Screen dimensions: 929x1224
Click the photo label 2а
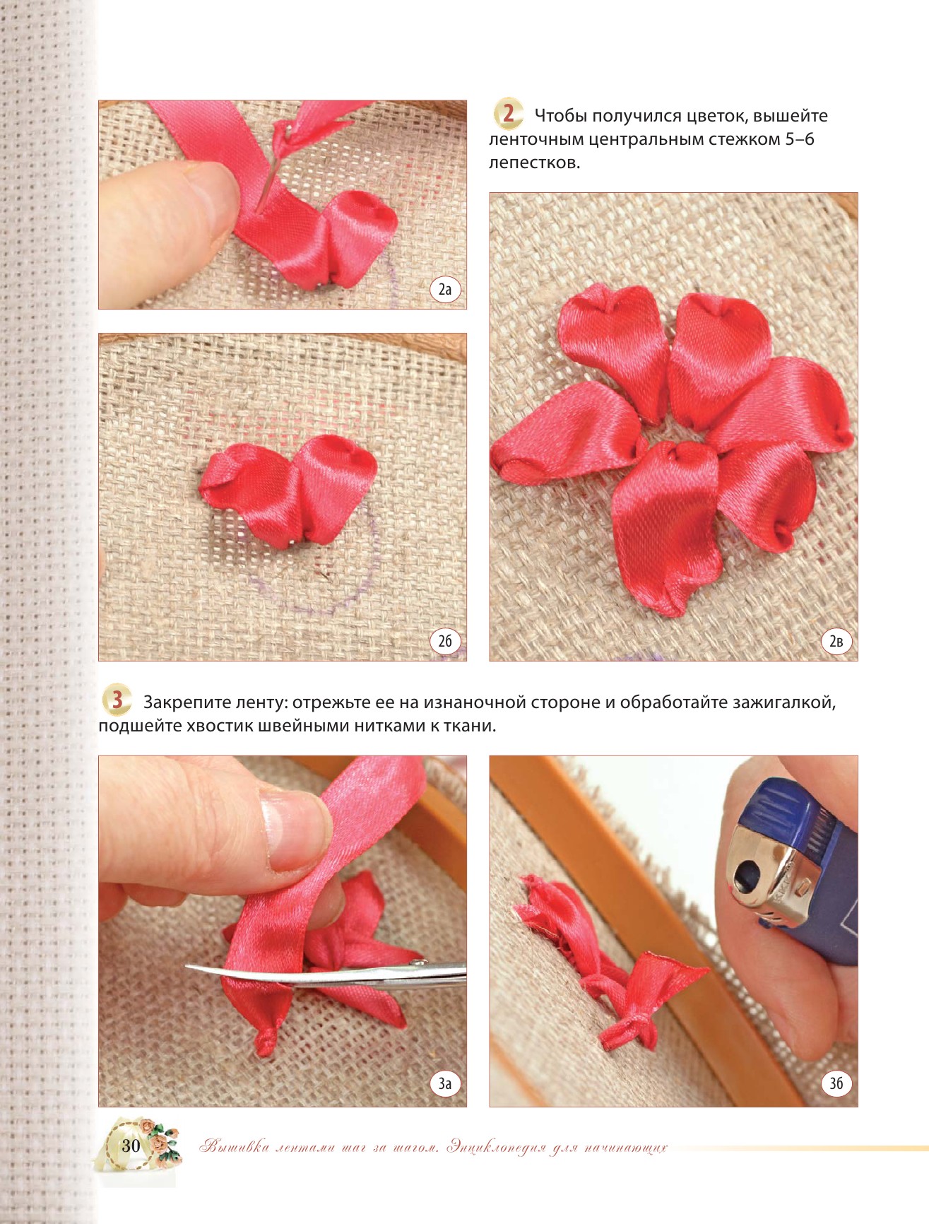pos(445,289)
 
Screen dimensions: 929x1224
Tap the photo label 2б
pos(445,641)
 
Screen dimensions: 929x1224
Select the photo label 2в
pos(836,641)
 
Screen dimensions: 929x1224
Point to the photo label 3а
pos(445,1083)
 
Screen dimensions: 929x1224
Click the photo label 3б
pos(836,1083)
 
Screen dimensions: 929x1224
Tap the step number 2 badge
pos(508,114)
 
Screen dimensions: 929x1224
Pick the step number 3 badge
pos(117,700)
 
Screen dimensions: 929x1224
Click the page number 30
pos(131,1146)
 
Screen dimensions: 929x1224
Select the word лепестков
pos(534,163)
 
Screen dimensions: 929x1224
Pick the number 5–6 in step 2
pos(800,139)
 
